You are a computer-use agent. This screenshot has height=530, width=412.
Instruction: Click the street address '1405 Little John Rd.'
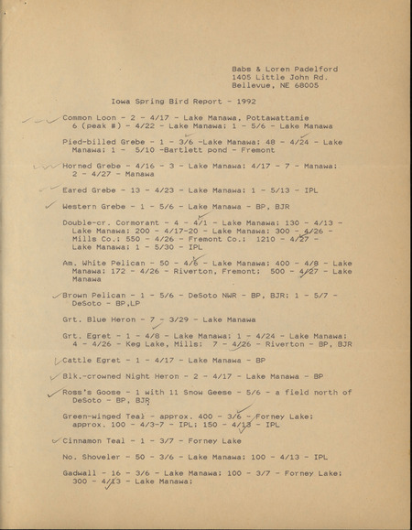[x=275, y=77]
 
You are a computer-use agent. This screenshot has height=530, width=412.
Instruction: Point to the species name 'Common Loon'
[x=92, y=118]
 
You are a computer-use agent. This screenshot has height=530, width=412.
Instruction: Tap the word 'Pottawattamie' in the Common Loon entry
[x=274, y=118]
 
